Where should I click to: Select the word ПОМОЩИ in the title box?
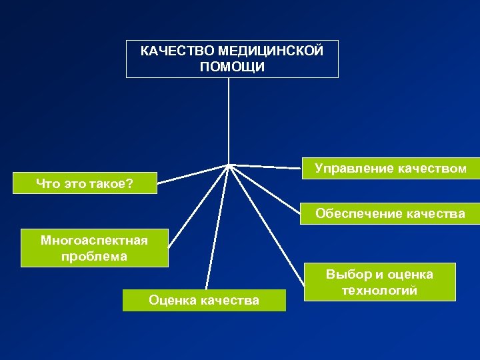coord(232,67)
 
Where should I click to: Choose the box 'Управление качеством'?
coord(391,169)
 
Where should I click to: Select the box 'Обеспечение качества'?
coord(390,214)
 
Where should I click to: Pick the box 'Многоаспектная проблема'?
coord(94,248)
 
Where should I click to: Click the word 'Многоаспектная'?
coord(94,240)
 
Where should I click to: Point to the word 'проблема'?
coord(94,256)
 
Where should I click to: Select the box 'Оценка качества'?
coord(204,301)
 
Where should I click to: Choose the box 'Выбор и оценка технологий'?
coord(379,283)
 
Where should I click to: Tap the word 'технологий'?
coord(379,291)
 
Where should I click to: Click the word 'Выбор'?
coord(349,274)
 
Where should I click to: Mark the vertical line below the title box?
coord(229,120)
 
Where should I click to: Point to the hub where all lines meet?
coord(229,165)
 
